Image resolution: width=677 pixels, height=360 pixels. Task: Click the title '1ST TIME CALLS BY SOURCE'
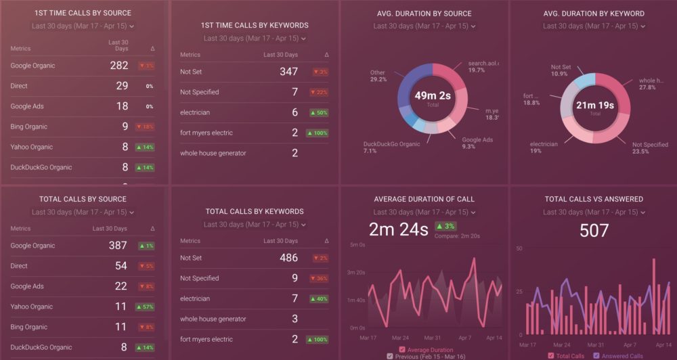pos(83,13)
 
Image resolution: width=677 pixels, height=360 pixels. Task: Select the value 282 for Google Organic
pos(118,66)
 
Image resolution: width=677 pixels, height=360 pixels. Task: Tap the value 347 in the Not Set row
pos(288,71)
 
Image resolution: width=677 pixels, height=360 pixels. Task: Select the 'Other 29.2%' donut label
pos(378,76)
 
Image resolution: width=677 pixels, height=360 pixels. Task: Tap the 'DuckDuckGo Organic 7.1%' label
pos(391,147)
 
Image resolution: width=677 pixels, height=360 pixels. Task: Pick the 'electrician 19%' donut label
pos(544,147)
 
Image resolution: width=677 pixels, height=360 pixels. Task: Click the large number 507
pos(594,231)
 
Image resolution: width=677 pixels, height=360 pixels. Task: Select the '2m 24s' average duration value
pos(398,229)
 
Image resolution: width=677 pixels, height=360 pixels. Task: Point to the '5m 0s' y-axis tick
pos(357,244)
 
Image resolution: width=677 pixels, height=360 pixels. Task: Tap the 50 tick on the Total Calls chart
pos(519,248)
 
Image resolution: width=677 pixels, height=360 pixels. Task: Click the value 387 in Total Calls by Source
pos(118,246)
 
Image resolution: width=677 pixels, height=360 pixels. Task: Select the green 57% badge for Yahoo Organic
pos(146,307)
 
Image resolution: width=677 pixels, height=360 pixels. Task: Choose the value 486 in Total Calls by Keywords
pos(288,258)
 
